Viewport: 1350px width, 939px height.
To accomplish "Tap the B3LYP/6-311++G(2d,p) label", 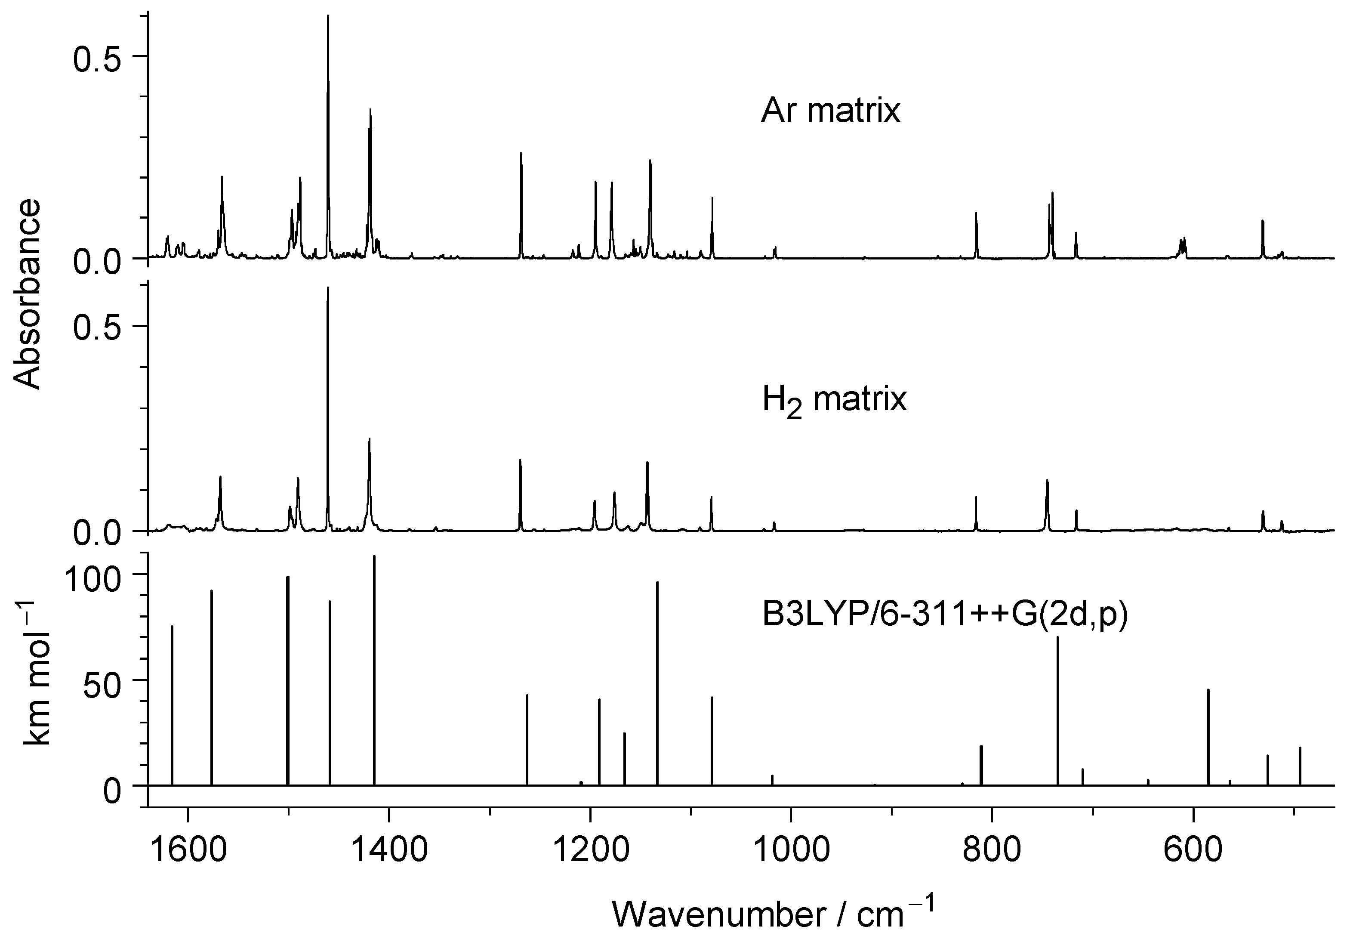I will (x=945, y=616).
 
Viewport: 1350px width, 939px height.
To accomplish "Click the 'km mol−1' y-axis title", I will (x=37, y=673).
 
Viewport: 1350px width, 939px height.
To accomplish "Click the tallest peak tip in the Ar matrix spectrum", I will (x=328, y=16).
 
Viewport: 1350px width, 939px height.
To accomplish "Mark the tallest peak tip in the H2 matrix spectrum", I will (x=328, y=287).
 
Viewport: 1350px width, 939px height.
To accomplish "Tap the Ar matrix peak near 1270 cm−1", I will (x=521, y=154).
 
